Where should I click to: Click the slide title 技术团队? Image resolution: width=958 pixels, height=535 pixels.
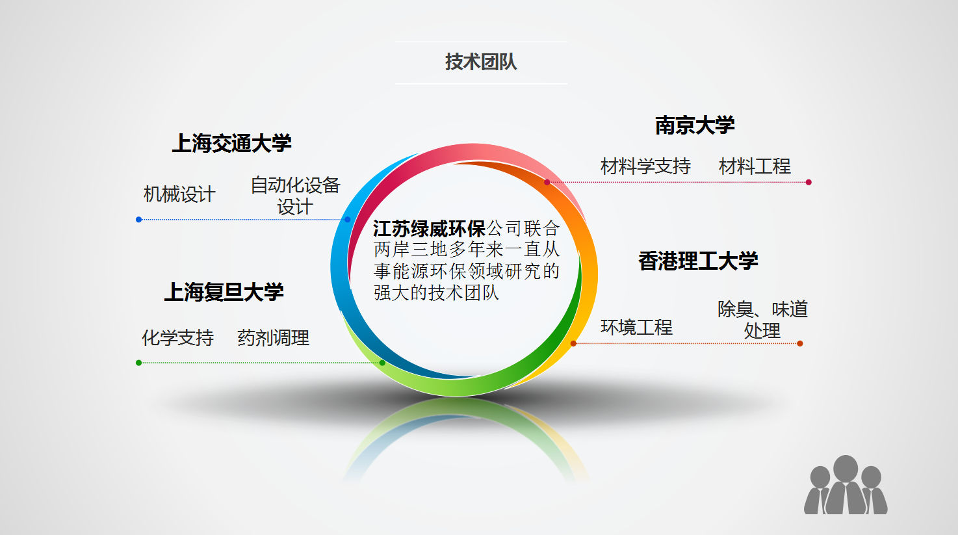[480, 62]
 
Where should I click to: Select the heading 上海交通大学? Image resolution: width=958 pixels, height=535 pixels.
[231, 143]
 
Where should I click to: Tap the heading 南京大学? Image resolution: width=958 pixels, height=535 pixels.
[695, 125]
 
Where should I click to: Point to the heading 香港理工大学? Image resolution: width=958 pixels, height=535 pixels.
[698, 261]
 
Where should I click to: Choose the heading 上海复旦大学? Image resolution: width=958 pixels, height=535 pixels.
[224, 293]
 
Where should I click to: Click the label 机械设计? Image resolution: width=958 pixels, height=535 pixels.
[179, 194]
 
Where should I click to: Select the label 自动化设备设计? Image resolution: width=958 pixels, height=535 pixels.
[295, 196]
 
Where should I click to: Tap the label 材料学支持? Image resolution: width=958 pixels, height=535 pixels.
[645, 167]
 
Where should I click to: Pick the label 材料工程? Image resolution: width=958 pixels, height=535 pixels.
[755, 167]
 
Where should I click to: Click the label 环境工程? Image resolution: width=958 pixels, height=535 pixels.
[636, 328]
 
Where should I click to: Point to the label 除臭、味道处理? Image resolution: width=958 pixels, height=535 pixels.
[762, 320]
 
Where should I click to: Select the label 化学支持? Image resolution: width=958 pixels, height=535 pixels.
[177, 338]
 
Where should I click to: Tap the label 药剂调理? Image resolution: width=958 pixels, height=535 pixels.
[273, 338]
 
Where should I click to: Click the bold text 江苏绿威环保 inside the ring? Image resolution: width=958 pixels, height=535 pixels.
[429, 229]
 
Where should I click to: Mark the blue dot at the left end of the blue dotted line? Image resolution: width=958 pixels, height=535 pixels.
[138, 220]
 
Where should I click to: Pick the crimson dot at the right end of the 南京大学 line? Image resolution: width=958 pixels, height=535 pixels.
[809, 182]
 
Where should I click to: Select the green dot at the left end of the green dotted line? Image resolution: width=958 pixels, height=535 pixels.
[138, 363]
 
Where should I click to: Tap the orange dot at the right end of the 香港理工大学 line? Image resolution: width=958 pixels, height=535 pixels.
[800, 343]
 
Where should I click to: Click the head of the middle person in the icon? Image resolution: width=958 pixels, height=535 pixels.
[846, 467]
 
